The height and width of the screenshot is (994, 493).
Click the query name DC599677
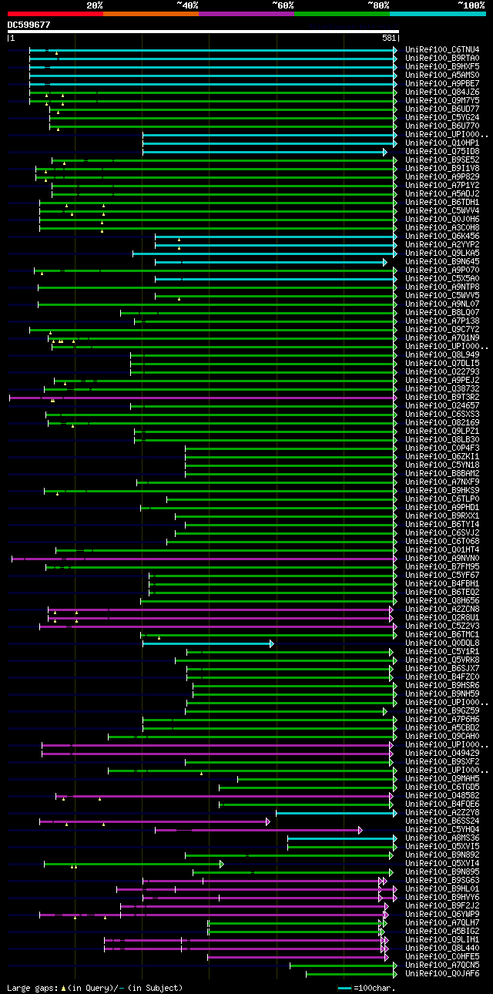click(29, 25)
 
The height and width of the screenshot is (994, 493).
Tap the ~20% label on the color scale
click(94, 5)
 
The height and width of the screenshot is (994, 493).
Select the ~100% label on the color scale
click(471, 5)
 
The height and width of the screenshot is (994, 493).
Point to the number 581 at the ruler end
click(389, 38)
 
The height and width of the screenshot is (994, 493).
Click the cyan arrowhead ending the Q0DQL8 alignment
click(271, 643)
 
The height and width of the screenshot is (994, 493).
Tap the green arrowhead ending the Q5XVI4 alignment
click(221, 864)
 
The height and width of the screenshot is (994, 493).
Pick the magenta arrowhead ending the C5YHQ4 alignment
click(360, 830)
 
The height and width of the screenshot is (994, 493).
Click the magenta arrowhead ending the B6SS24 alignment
click(268, 821)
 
